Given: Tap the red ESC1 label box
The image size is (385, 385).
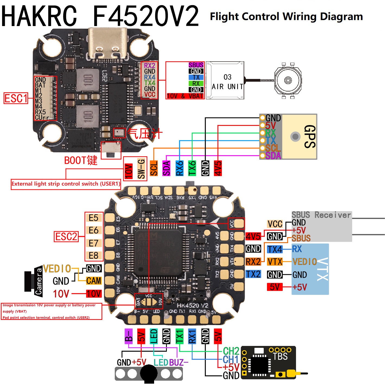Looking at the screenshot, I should pyautogui.click(x=16, y=98).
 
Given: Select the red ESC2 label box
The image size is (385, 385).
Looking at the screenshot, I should pyautogui.click(x=66, y=237).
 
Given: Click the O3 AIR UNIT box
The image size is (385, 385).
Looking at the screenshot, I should pyautogui.click(x=225, y=81).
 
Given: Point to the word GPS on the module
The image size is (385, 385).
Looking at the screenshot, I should pyautogui.click(x=309, y=136).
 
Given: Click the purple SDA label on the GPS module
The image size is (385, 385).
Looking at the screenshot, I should pyautogui.click(x=273, y=156).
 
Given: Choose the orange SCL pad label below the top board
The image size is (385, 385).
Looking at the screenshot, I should pyautogui.click(x=154, y=168).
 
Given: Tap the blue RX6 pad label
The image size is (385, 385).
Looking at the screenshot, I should pyautogui.click(x=179, y=168).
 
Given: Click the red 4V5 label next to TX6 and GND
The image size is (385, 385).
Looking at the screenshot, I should pyautogui.click(x=218, y=168).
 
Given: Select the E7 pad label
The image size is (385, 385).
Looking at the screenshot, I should pyautogui.click(x=94, y=243).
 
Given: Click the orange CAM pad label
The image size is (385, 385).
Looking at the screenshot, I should pyautogui.click(x=94, y=281).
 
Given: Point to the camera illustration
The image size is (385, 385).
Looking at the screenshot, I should pyautogui.click(x=34, y=281).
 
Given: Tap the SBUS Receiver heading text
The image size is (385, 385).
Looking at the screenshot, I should pyautogui.click(x=321, y=215).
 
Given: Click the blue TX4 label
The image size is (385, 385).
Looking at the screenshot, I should pyautogui.click(x=275, y=249).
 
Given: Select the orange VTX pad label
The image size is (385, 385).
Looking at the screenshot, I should pyautogui.click(x=275, y=262).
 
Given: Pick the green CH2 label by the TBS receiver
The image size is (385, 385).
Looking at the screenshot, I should pyautogui.click(x=231, y=351).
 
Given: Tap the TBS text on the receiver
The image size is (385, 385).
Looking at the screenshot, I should pyautogui.click(x=280, y=356).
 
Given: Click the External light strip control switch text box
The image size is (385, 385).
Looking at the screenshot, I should pyautogui.click(x=66, y=184).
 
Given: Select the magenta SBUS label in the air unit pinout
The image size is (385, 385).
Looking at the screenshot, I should pyautogui.click(x=196, y=65).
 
